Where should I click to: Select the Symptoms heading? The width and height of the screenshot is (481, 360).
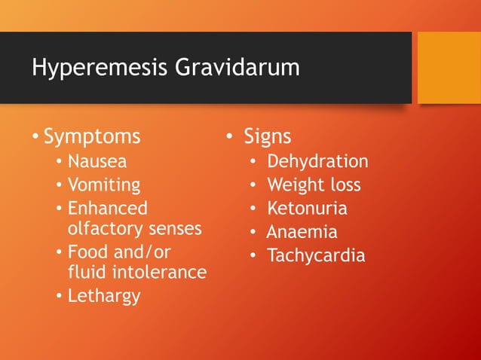point(92,136)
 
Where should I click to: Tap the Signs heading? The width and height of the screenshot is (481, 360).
point(267,136)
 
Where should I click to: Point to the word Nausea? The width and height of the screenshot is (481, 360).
point(97,161)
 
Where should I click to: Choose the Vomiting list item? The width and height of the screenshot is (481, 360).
point(104,185)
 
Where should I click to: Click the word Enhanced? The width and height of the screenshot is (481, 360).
point(108,208)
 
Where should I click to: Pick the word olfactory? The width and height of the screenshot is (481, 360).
point(103,227)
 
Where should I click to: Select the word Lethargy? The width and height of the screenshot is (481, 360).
point(104,295)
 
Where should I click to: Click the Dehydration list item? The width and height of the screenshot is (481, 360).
point(317,161)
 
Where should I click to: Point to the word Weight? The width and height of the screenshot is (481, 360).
point(293,185)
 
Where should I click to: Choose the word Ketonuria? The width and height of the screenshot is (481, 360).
point(307,209)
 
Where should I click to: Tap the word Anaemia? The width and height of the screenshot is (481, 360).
point(302,232)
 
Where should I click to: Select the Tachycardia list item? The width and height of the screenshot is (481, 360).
point(316,255)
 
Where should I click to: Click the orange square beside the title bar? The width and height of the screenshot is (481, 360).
point(449,68)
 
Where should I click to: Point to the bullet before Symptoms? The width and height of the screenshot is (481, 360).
point(35,137)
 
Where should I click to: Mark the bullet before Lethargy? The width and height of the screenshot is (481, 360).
point(59,296)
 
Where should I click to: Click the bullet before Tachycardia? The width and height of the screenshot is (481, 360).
point(254,256)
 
